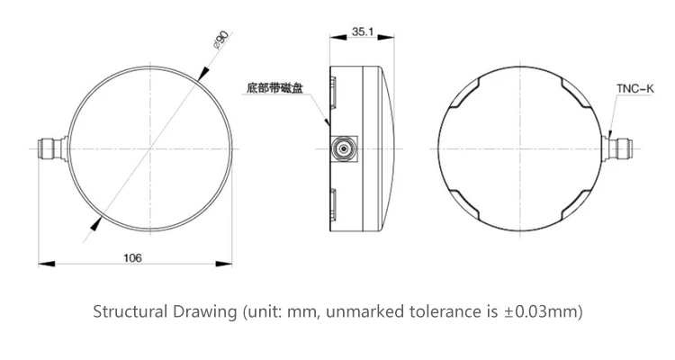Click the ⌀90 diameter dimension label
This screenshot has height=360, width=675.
(221, 40)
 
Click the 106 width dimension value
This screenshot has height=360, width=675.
(132, 258)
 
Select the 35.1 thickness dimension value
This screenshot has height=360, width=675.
(363, 31)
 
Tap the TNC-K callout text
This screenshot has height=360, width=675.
(635, 89)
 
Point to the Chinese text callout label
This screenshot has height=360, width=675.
(274, 88)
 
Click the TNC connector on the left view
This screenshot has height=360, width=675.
(53, 149)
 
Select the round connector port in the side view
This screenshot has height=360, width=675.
(344, 149)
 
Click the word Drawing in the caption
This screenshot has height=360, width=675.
(204, 311)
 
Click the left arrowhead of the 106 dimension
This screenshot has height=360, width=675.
(47, 264)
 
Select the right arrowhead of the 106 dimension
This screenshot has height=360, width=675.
(224, 264)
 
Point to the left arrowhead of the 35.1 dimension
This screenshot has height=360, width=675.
(338, 37)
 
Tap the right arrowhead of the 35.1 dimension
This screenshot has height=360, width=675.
(386, 37)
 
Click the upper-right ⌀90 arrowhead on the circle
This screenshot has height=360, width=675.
(202, 73)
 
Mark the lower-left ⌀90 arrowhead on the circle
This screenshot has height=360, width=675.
(96, 224)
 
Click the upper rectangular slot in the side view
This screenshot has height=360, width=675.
(334, 93)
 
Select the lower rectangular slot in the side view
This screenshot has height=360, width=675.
(334, 205)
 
